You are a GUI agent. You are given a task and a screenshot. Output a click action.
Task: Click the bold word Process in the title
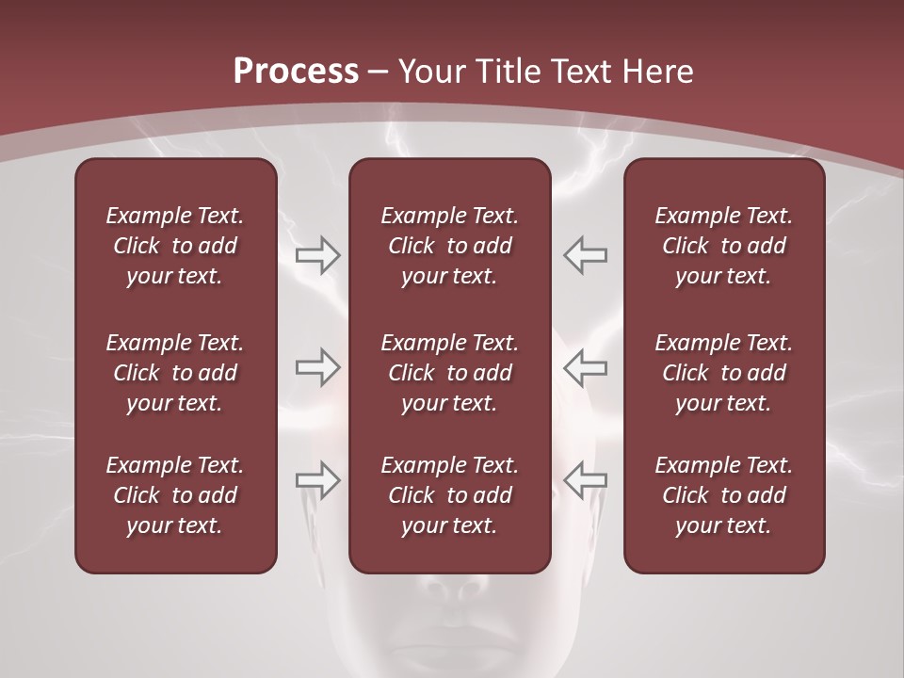tap(296, 72)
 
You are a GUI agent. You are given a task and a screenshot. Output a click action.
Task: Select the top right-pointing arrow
tap(317, 255)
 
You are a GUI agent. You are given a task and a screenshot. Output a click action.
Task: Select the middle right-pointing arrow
tap(317, 367)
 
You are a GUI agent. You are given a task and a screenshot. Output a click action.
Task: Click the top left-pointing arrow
tap(586, 255)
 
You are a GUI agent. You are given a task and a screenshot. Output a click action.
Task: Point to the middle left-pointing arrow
tap(586, 367)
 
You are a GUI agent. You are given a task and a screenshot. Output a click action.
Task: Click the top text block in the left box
tap(175, 246)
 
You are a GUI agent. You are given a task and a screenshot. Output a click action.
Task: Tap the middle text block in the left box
tap(175, 373)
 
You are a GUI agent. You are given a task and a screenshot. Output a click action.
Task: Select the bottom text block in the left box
tap(175, 495)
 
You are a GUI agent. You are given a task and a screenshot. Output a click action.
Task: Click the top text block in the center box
tap(449, 246)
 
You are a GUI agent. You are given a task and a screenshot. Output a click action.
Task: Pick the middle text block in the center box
tap(449, 373)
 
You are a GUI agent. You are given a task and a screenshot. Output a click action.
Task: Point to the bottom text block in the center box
tap(449, 495)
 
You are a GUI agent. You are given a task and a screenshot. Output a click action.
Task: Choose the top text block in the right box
tap(723, 246)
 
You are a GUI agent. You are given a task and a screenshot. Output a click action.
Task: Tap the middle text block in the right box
tap(723, 373)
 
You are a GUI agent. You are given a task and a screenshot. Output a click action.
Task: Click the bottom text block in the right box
tap(723, 495)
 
